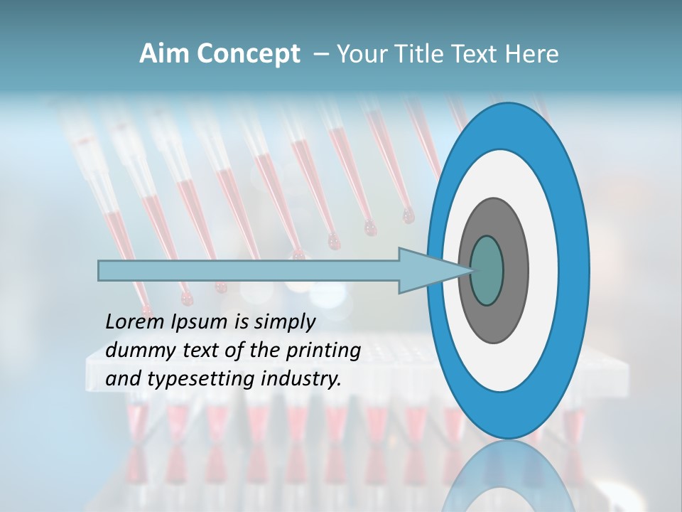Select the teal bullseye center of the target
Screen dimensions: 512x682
487,271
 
